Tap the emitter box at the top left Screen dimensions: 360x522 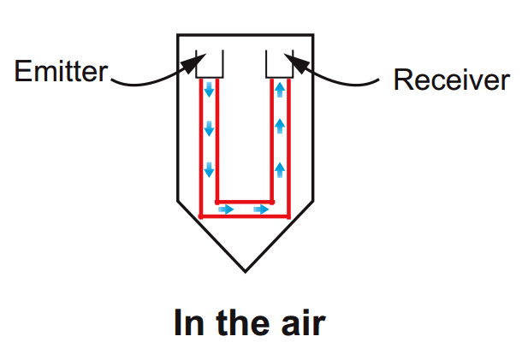[210, 62]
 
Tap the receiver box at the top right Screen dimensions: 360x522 [280, 62]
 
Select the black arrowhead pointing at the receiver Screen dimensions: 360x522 [294, 58]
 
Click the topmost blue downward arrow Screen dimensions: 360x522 [208, 89]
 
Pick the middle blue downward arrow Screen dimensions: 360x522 [208, 130]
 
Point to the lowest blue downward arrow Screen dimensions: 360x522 [208, 171]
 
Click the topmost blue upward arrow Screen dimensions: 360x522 [280, 89]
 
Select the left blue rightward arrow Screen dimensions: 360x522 [226, 209]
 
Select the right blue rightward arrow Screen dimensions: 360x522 [262, 209]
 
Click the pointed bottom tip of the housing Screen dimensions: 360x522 [246, 271]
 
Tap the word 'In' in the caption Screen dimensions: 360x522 [188, 324]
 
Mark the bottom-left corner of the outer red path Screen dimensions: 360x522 [201, 215]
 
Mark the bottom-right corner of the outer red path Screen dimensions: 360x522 [289, 215]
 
